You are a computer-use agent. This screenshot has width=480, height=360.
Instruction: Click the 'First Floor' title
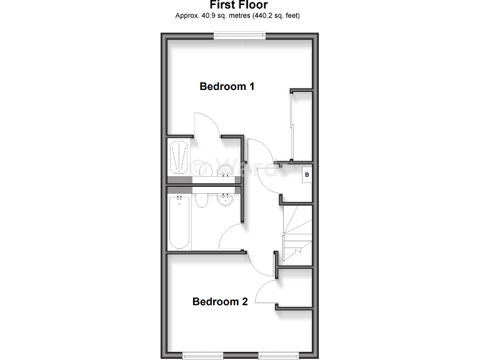239,5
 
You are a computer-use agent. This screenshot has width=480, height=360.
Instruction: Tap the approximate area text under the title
239,16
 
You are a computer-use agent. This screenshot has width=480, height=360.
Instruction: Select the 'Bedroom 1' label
227,87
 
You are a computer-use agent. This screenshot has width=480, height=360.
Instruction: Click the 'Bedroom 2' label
220,302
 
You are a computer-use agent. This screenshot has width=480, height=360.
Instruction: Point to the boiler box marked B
306,176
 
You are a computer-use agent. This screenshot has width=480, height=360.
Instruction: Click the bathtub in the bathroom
179,222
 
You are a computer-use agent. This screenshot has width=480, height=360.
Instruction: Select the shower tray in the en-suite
179,157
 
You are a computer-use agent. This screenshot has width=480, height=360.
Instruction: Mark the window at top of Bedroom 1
239,37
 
